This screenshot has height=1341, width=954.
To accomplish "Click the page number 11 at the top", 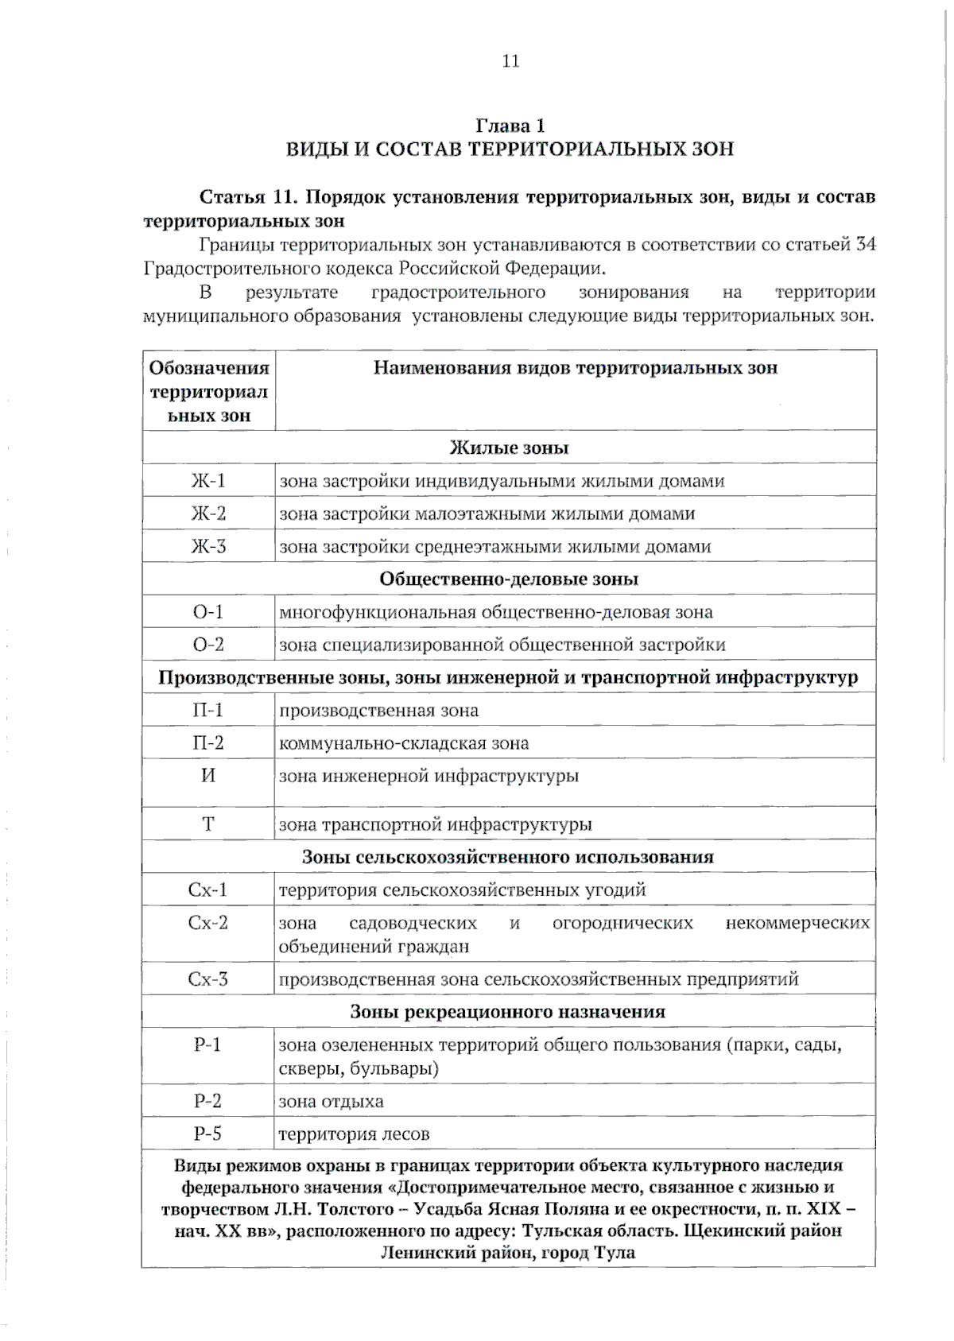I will coord(510,61).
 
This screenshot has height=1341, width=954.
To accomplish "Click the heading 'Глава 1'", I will coord(510,126).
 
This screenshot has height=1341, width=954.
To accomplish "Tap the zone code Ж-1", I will coord(208,481).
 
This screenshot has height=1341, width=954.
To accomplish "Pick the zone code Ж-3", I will coord(208,547).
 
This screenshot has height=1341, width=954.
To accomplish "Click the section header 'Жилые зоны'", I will coord(510,448).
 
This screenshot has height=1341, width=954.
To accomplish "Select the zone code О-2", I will coord(208,645).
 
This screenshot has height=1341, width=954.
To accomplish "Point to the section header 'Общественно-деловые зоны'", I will coord(509,579).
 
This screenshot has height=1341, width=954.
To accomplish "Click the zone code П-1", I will coord(208,710).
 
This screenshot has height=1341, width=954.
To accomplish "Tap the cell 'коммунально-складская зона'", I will coord(404,744).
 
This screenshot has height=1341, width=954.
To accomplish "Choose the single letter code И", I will coord(208,775).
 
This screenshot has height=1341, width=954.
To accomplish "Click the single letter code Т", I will coord(208,824).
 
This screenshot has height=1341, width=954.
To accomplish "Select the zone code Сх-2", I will coord(208,923).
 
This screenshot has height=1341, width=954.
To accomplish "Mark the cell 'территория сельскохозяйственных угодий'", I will coord(462,890).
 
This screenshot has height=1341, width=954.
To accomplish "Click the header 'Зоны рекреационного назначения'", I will coord(508,1012).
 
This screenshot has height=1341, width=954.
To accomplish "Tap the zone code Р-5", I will coord(208,1134).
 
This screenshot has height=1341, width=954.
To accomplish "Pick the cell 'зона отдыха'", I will coord(331,1102).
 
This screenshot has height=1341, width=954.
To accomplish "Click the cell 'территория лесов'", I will coord(354,1135).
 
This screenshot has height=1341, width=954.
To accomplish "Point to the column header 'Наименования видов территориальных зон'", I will coord(575,368).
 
